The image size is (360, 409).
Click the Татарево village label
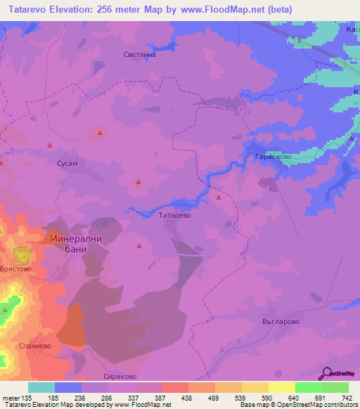click(x=175, y=216)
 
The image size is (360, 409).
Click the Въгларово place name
click(x=281, y=321)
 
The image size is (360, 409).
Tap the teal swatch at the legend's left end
click(x=41, y=387)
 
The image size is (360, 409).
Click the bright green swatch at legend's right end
click(x=335, y=387)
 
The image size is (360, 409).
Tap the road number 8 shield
click(x=300, y=41)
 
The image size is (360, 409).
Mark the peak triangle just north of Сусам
click(x=49, y=145)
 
